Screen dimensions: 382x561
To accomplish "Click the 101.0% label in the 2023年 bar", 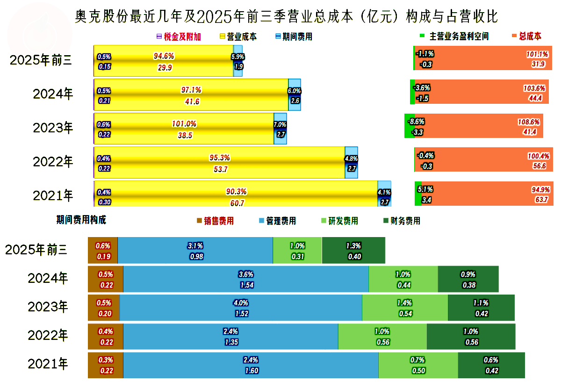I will [185, 124].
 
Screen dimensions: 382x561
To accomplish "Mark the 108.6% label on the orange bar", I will [528, 122].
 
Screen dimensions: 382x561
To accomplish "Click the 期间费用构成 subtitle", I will [81, 220].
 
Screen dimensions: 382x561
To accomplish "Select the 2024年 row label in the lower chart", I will [48, 279].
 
